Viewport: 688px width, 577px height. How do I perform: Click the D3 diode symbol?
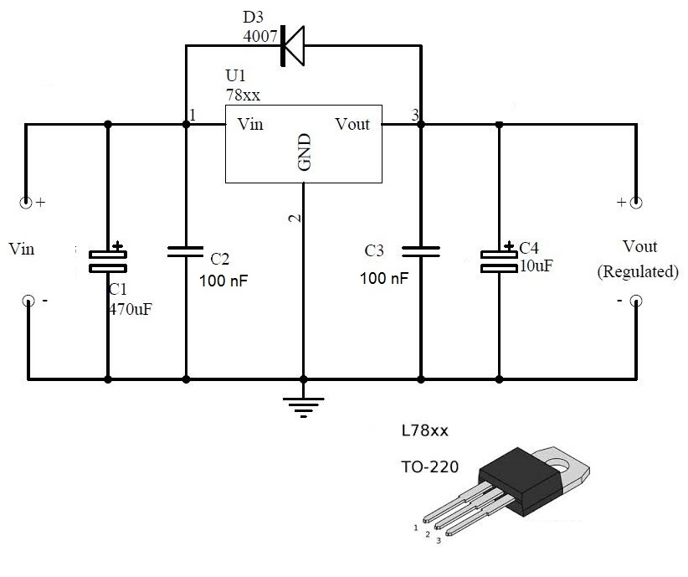click(293, 46)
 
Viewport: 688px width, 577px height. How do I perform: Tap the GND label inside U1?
click(304, 152)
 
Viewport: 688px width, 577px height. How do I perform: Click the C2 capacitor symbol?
click(186, 251)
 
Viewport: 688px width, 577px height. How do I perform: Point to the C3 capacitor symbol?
click(421, 251)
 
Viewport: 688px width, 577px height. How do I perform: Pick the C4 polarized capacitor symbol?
click(499, 260)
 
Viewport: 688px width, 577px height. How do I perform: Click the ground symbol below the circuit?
click(303, 407)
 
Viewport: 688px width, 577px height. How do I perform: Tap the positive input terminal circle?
click(26, 203)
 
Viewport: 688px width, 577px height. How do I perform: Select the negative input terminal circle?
click(28, 301)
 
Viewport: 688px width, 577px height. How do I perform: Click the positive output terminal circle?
click(636, 203)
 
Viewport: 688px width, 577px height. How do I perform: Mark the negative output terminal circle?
click(636, 301)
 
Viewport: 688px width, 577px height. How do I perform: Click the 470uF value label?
click(131, 309)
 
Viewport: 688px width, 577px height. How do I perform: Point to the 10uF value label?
click(537, 265)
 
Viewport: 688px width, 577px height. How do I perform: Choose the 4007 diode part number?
click(260, 36)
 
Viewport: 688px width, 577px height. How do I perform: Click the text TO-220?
click(430, 466)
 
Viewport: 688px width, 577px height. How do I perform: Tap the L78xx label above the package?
click(425, 430)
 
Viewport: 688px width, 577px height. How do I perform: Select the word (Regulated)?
click(638, 271)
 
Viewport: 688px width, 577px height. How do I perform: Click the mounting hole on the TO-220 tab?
click(558, 463)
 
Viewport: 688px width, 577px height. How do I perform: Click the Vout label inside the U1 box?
click(352, 124)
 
